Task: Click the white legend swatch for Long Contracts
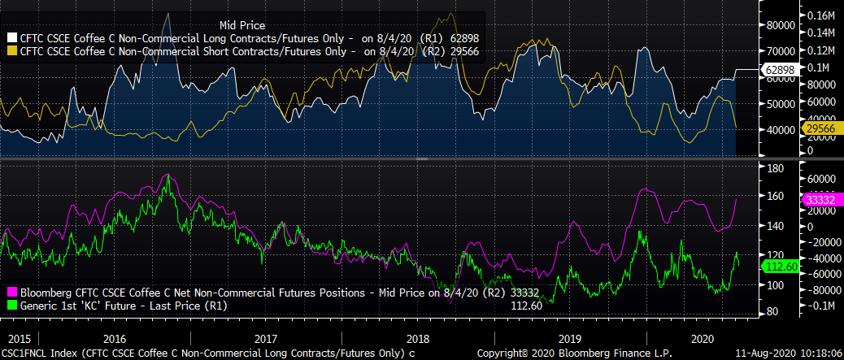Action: [x=12, y=37]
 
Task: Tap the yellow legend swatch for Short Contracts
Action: [x=12, y=50]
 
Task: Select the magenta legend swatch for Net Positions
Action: [x=12, y=292]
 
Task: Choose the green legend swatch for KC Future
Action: [x=12, y=306]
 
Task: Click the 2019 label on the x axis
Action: [x=567, y=337]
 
